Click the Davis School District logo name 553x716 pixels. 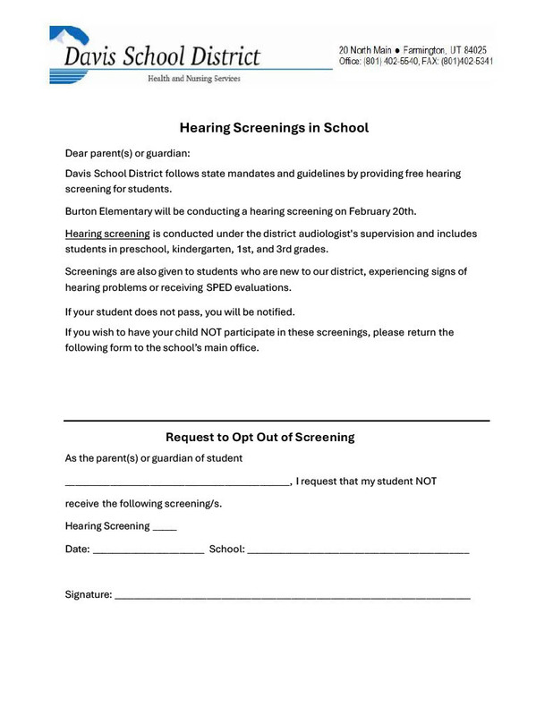[161, 55]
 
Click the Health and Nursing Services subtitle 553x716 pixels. [187, 79]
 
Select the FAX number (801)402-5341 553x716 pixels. [466, 62]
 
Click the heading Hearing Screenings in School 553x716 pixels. [274, 128]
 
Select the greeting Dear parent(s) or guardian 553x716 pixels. [127, 153]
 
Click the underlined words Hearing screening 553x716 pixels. [107, 234]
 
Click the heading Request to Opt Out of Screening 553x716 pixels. [260, 437]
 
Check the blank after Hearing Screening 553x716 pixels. [165, 527]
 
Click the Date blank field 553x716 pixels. [149, 550]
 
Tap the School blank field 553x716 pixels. [358, 550]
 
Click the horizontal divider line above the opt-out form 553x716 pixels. [276, 420]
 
